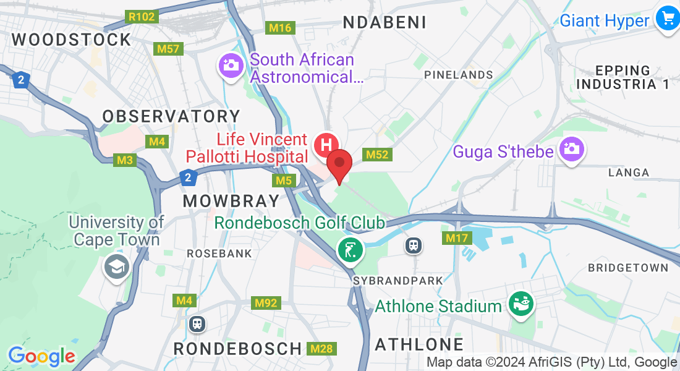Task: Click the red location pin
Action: (339, 164)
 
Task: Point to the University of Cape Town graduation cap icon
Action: (116, 267)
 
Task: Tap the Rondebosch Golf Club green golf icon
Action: (350, 250)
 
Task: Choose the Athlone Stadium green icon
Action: (520, 304)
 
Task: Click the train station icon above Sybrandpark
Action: (413, 245)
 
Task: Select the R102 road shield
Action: (141, 17)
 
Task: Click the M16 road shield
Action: (280, 28)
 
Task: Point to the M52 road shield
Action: (377, 155)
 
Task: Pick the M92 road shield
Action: (266, 303)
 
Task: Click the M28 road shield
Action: (321, 349)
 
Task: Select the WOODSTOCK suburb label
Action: (72, 40)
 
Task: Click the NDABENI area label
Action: (385, 23)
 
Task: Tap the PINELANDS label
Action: (458, 75)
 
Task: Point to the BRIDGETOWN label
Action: (628, 268)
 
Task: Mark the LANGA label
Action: (629, 173)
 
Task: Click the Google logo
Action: (41, 357)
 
